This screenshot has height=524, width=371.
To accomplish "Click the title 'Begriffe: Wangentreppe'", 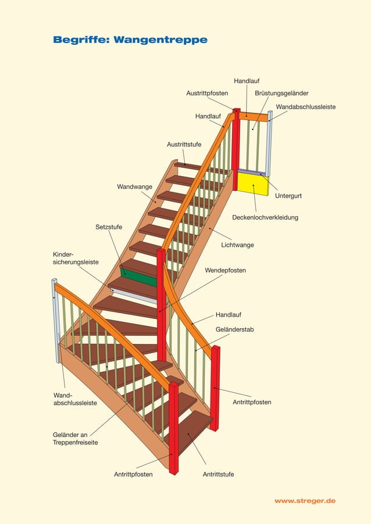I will pos(130,40).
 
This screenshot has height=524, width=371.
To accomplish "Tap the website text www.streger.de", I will pos(305,501).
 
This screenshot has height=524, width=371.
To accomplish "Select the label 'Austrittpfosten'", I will pos(207,93).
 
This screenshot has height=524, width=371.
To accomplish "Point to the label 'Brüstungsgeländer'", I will pos(281,93).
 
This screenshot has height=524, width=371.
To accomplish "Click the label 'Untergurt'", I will pos(288,196).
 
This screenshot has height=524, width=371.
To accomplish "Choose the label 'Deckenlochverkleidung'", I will pos(265,217).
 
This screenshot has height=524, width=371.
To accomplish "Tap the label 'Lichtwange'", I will pos(237,245).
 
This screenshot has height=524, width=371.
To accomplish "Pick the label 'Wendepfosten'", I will pos(225,271).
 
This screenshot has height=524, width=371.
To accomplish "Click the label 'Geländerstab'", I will pos(234,329).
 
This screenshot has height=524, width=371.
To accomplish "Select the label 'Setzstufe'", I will pos(109,227).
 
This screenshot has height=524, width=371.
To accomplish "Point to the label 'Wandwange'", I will pos(134,187).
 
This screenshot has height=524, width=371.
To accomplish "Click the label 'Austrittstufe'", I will pos(184,144).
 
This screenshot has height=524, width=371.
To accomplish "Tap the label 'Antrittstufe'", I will pos(218,475).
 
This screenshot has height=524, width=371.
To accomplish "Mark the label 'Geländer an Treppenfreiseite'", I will pos(75,439).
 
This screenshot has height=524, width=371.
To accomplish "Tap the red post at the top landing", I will pos(236,148).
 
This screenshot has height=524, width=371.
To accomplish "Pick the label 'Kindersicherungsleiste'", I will pos(76,259).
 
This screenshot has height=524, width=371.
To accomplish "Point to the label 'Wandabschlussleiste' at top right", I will pos(305,107).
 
